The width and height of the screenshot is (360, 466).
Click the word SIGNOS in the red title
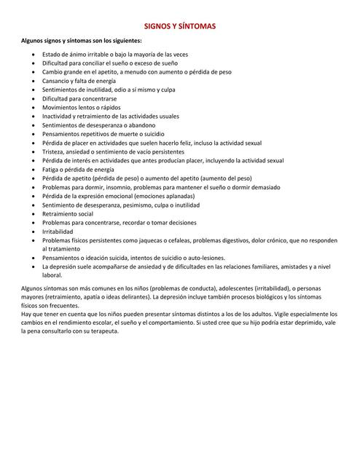pos(158,26)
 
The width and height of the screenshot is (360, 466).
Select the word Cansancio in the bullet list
pos(57,81)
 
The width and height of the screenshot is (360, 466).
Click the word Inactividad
pos(60,116)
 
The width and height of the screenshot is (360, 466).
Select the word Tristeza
pos(54,151)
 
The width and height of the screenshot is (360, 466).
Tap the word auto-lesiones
pos(203,258)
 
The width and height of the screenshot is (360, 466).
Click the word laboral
pos(52,275)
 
